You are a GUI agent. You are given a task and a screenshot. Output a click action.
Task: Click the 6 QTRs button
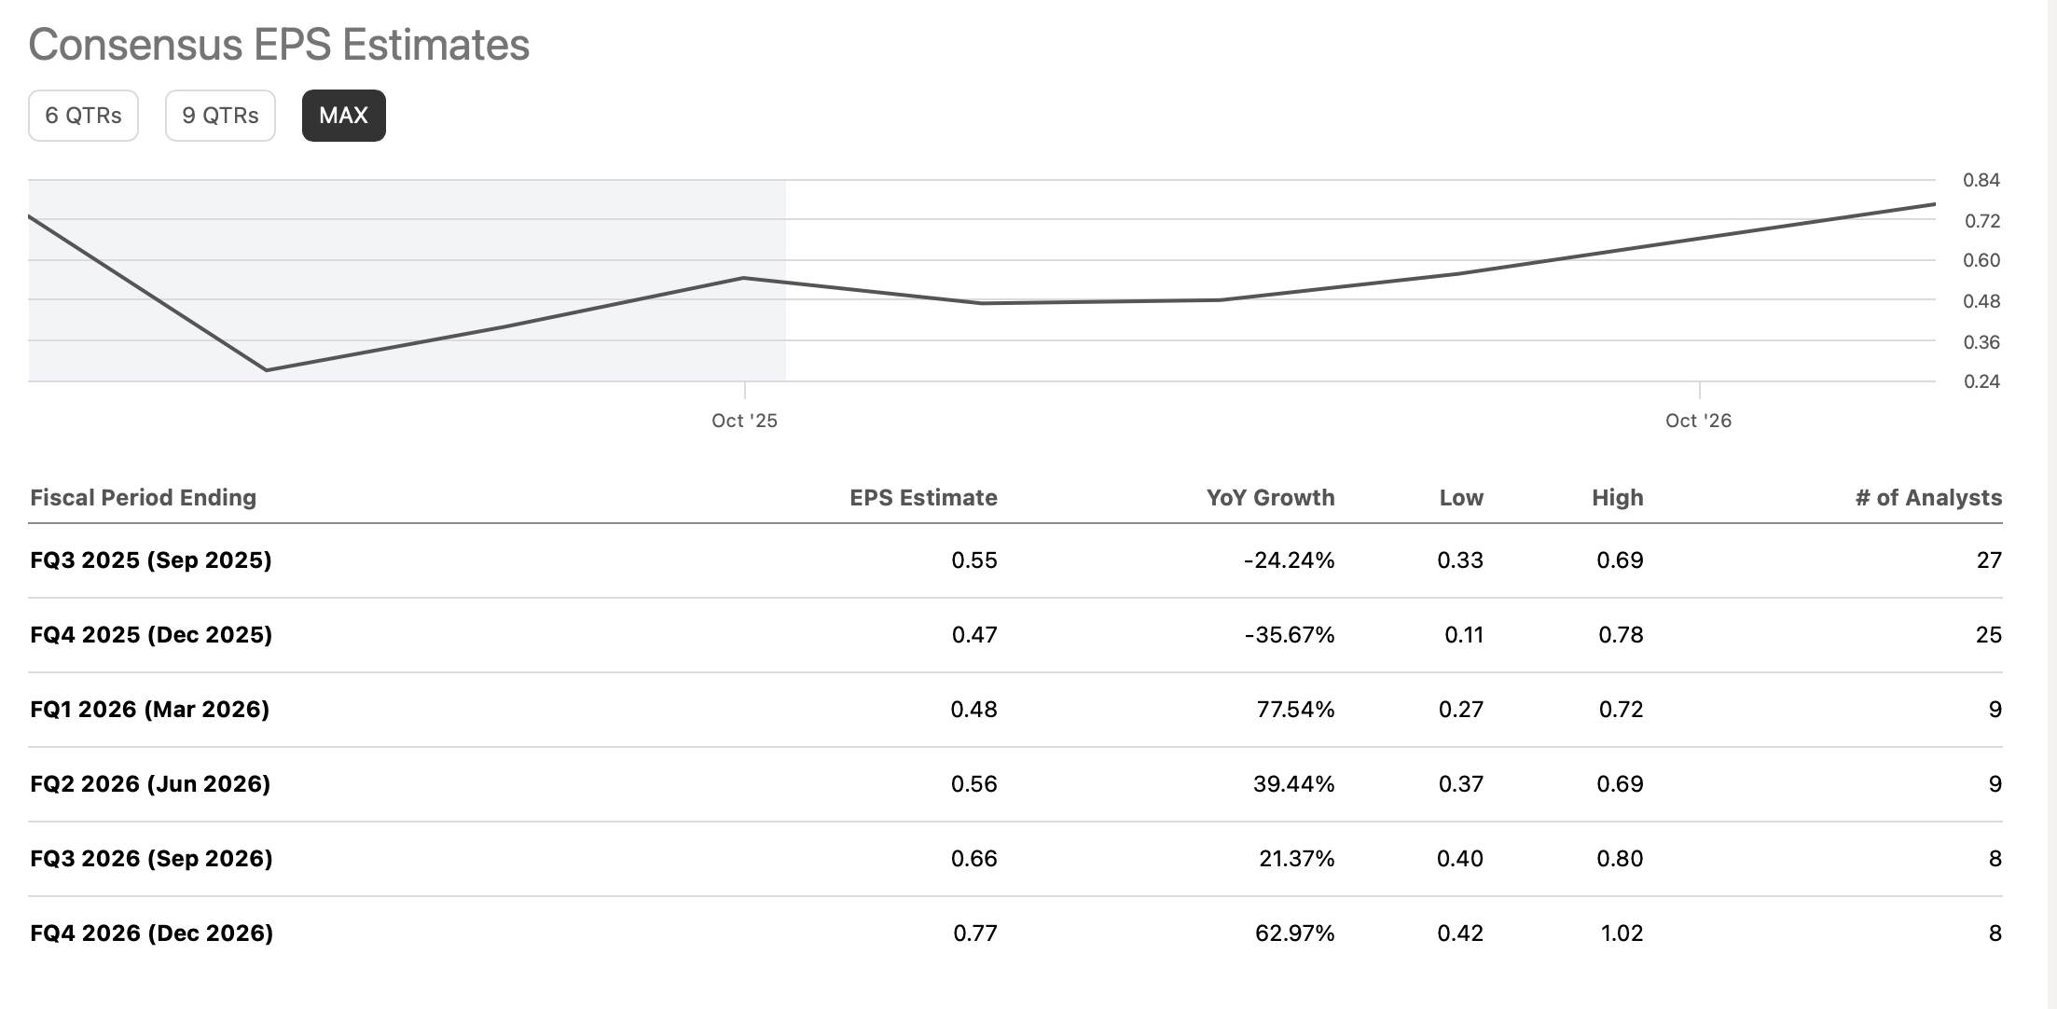tap(83, 116)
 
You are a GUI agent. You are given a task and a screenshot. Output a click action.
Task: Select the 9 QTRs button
tap(220, 116)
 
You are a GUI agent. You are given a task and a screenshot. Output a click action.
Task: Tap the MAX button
tap(343, 116)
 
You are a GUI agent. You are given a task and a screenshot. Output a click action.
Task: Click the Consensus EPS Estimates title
tap(279, 45)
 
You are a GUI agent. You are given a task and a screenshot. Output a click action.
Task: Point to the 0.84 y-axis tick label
tap(1981, 180)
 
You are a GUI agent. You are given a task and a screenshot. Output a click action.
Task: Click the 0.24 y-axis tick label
tap(1981, 381)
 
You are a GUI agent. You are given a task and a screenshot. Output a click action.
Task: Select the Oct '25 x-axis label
tap(744, 421)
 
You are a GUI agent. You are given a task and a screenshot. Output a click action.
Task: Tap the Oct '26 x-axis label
tap(1698, 421)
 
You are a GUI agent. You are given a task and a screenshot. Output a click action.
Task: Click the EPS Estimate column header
tap(923, 498)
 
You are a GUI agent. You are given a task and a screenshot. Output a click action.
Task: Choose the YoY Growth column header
tap(1270, 498)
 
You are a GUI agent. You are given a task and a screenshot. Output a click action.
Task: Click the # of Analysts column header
tap(1928, 498)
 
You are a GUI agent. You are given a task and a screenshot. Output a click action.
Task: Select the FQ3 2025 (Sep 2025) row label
tap(151, 560)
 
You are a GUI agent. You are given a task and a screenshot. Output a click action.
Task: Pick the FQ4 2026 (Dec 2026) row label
tap(152, 933)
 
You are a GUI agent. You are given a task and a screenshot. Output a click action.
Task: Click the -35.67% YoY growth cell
tap(1289, 635)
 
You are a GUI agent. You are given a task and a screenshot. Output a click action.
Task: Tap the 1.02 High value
tap(1622, 933)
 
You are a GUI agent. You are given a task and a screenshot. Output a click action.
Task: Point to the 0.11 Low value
tap(1463, 635)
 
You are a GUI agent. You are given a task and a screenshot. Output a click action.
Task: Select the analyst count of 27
tap(1989, 560)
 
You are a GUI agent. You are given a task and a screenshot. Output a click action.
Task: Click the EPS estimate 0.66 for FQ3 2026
tap(973, 859)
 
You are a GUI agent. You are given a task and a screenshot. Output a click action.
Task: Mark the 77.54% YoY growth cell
tap(1295, 710)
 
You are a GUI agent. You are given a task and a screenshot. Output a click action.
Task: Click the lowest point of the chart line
tap(268, 370)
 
